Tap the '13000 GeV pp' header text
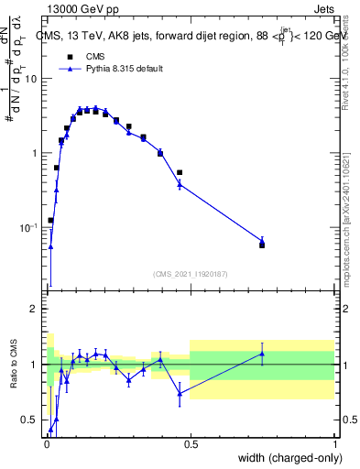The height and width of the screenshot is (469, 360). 77,10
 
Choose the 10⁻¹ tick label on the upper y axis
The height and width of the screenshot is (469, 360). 29,227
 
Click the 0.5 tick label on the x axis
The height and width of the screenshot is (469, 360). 191,445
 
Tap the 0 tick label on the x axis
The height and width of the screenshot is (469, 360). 47,445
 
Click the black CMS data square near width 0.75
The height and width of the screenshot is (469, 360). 262,245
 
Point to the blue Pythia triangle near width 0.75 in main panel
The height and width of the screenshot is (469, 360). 262,240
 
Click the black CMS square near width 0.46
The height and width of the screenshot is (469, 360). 180,172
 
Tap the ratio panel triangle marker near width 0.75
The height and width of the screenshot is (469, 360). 262,354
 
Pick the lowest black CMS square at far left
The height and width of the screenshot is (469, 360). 50,220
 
